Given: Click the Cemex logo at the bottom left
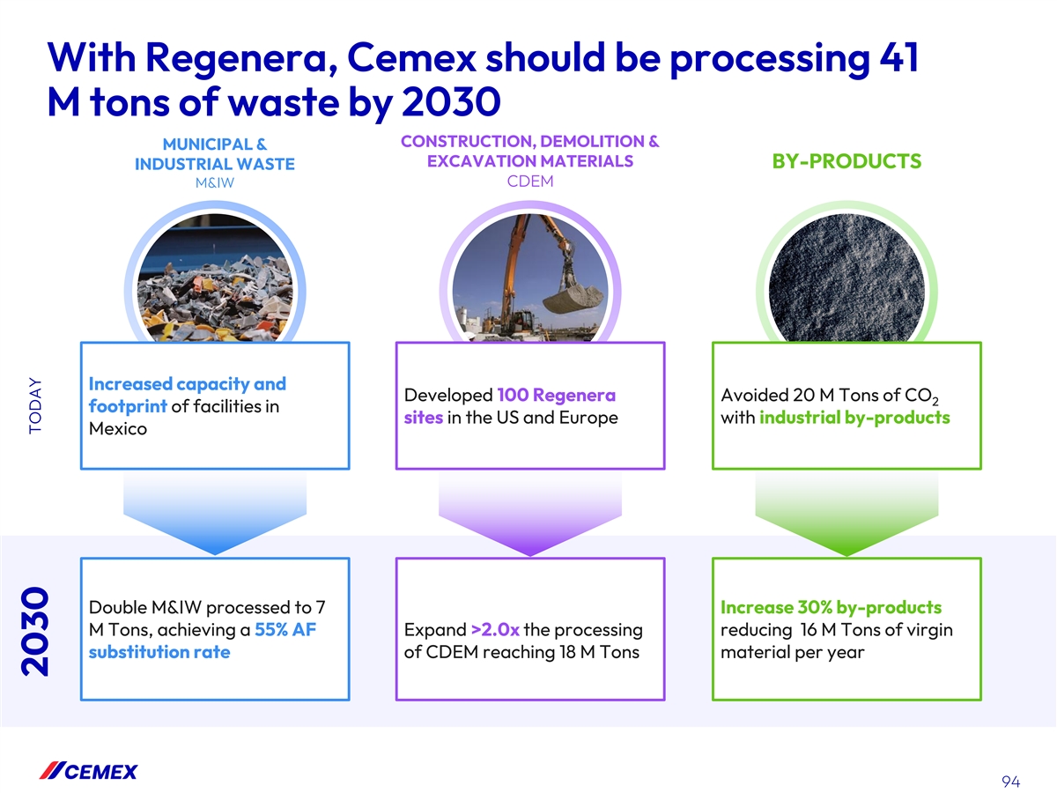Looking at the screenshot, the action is pos(89,771).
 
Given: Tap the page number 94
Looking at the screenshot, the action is pos(1011,781).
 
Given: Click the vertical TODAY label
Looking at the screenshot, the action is pos(35,405).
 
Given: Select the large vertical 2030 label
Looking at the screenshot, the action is pos(35,631).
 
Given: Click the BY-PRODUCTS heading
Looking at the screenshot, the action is pos(846,161).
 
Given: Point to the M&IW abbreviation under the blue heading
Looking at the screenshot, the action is pos(215,183).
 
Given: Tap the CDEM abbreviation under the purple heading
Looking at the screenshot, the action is pos(530,182).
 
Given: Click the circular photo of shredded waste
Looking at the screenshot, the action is pos(215,278).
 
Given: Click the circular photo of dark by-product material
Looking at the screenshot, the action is pos(846,278).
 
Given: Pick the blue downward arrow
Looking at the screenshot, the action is pos(215,514).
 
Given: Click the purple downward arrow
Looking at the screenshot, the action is pos(530,514).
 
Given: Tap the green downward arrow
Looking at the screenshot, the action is pos(846,514).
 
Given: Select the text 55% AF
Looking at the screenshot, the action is pos(285,630).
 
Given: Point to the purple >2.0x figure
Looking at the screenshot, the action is pos(495,630).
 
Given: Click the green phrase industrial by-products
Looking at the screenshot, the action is pos(854,418).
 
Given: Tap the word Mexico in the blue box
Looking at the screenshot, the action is pos(118,428).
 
